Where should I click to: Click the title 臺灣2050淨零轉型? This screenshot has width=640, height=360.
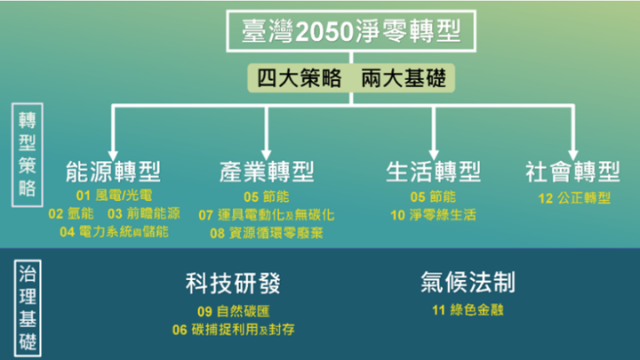(x=351, y=31)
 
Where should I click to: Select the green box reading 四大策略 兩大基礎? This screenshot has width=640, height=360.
(x=351, y=77)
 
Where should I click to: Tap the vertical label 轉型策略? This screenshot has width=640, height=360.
(x=28, y=155)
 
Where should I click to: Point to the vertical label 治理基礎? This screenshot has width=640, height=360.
(x=28, y=308)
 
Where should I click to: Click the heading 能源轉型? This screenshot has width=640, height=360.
(x=113, y=172)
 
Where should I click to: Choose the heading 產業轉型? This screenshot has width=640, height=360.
(x=267, y=172)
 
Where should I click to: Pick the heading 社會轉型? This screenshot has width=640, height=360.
(x=572, y=172)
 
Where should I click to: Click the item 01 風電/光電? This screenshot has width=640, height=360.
(x=115, y=196)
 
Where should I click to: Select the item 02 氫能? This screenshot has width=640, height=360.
(x=71, y=213)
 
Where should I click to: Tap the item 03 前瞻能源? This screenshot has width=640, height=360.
(x=144, y=213)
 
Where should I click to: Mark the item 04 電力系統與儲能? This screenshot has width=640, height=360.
(x=115, y=232)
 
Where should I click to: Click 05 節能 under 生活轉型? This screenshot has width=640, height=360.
(x=433, y=196)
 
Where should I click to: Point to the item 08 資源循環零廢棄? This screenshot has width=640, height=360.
(x=267, y=233)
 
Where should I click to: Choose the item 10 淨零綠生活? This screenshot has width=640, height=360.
(x=433, y=215)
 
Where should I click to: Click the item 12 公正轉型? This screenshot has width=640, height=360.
(x=574, y=198)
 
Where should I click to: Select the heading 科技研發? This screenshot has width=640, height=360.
(x=233, y=284)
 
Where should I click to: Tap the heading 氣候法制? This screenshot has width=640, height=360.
(x=468, y=282)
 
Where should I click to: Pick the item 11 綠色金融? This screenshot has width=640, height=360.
(x=468, y=310)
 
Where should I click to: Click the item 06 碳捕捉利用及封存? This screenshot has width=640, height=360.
(x=234, y=330)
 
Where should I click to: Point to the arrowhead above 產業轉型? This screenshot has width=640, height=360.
(x=266, y=155)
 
